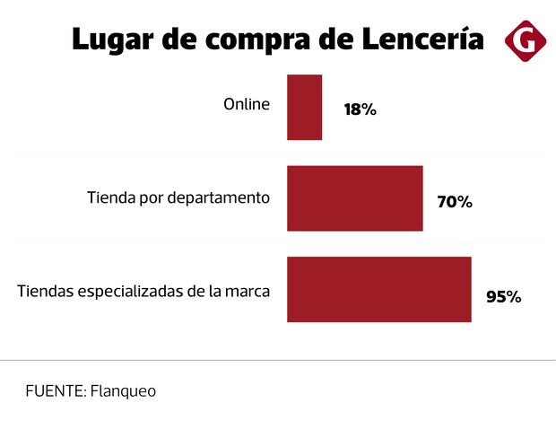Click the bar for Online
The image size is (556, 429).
pos(304,108)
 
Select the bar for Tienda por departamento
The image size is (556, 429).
pos(354,198)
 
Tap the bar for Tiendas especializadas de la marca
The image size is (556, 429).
pos(378,289)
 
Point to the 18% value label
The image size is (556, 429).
pos(360,110)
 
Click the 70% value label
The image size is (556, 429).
pos(454,202)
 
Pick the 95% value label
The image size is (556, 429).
pos(503,296)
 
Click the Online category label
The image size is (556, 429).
pos(246,104)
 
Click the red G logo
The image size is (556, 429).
pos(525,39)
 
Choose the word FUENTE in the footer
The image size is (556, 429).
pos(55,391)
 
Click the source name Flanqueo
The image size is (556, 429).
pos(124,391)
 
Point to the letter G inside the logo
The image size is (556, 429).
pos(525,39)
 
